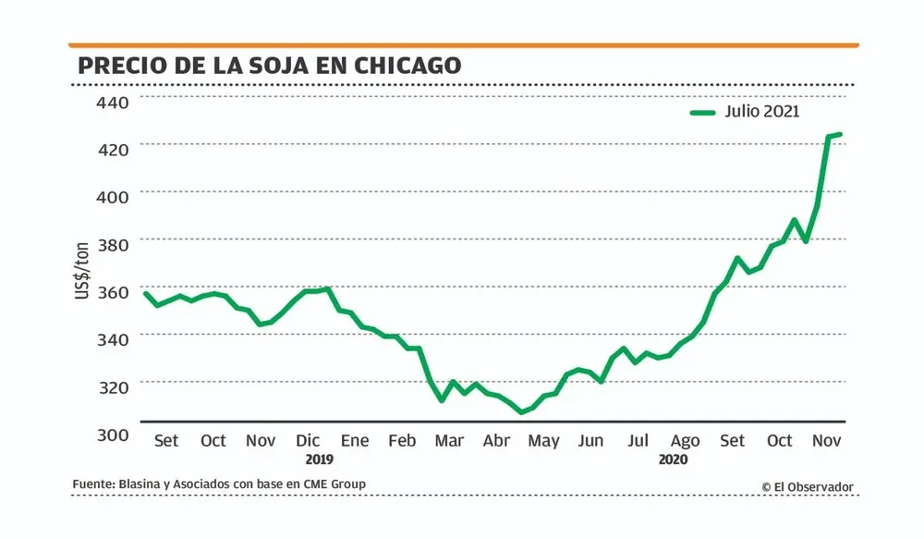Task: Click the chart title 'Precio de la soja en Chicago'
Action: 269,66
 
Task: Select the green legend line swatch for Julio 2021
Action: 703,113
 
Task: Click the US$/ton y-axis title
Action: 82,268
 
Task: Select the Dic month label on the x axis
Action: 309,440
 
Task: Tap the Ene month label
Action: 355,440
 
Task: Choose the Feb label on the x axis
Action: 402,440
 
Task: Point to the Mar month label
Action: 449,440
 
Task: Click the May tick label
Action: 543,441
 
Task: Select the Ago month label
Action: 685,441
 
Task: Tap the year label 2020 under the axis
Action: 674,459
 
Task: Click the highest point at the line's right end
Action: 839,135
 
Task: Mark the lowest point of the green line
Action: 521,412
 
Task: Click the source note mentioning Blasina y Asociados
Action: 219,484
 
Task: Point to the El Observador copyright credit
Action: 808,486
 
